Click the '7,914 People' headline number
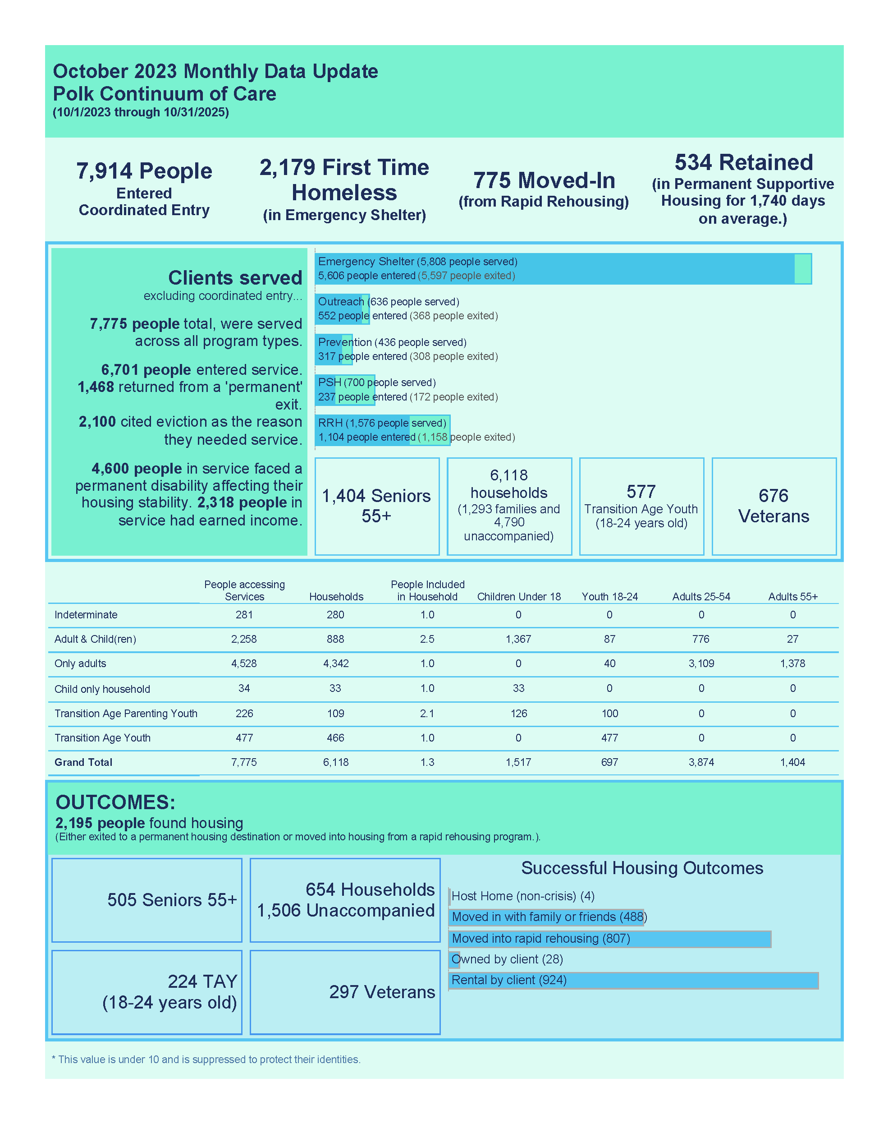[144, 171]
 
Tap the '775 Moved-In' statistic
[544, 180]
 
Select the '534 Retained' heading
[743, 163]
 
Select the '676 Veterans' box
[774, 506]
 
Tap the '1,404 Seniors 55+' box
[376, 506]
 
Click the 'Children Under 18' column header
[519, 597]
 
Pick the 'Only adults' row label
[80, 663]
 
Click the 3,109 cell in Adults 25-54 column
[701, 663]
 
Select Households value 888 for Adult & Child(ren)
[335, 639]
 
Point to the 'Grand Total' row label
[83, 763]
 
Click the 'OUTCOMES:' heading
[115, 802]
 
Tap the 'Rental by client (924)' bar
[633, 981]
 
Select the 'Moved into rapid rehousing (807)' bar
[609, 939]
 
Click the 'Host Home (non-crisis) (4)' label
[522, 896]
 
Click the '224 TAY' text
[202, 981]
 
